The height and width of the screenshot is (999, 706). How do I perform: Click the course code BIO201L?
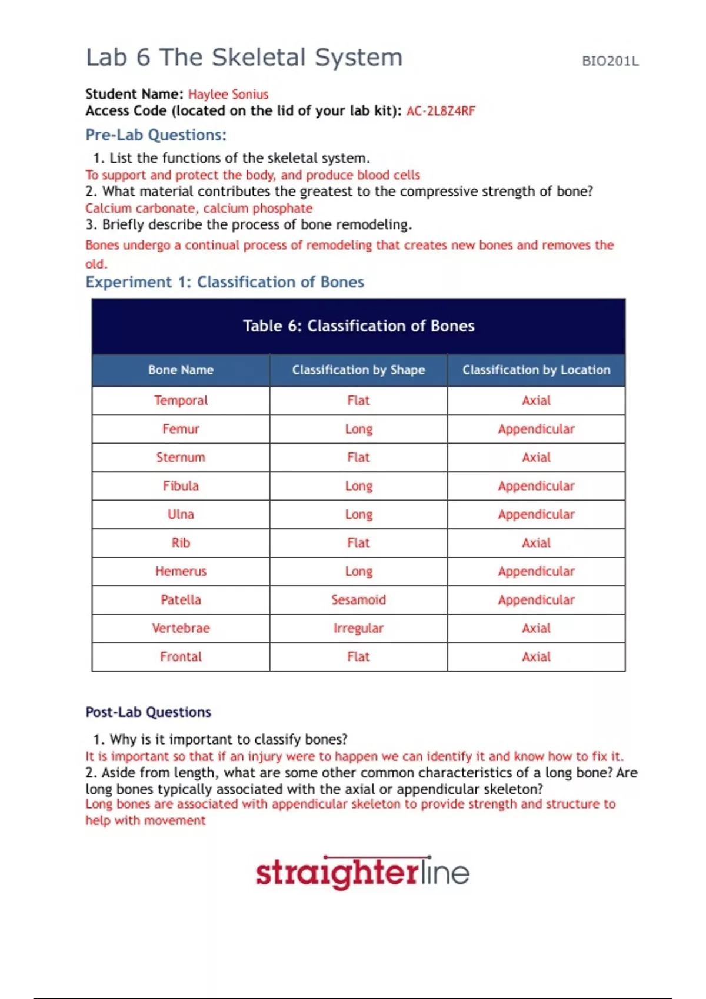(x=610, y=61)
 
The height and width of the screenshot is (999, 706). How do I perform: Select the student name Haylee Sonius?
(x=228, y=95)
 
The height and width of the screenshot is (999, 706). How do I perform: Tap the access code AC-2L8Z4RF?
(x=441, y=111)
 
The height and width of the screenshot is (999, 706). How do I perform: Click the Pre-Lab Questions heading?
(x=156, y=135)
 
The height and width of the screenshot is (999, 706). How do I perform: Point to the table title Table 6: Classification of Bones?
(x=358, y=326)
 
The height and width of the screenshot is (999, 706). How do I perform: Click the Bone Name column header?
(x=181, y=370)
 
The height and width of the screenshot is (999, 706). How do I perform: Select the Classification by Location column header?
(x=536, y=370)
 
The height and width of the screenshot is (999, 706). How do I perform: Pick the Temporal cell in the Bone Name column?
(x=181, y=401)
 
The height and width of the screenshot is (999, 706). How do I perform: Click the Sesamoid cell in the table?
(x=358, y=600)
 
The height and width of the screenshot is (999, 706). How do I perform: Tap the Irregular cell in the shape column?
(x=358, y=629)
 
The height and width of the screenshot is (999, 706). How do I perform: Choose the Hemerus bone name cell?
(x=181, y=572)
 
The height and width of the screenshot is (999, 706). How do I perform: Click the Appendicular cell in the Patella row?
(x=536, y=600)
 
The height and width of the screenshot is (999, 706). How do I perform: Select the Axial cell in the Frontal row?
(x=536, y=657)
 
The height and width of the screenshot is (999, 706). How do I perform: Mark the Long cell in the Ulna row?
(x=358, y=515)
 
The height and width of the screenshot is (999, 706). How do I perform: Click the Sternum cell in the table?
(x=181, y=458)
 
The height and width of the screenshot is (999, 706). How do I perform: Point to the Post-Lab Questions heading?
(x=148, y=712)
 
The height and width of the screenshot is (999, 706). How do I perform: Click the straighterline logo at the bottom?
(x=362, y=873)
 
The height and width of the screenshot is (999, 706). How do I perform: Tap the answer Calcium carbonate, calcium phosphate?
(x=199, y=209)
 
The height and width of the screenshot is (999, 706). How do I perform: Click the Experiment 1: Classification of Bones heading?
(x=225, y=283)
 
